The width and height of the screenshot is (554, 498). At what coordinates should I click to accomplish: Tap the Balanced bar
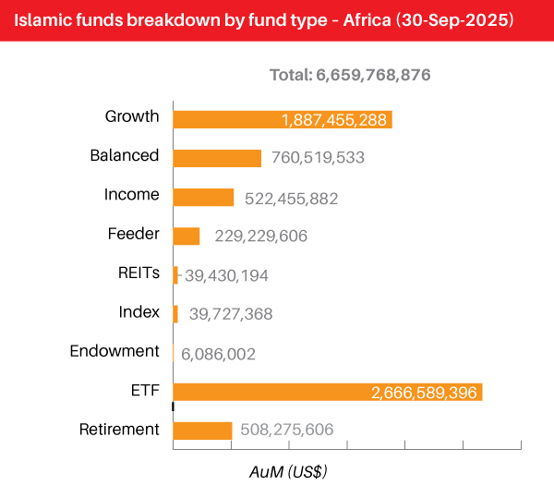click(x=217, y=158)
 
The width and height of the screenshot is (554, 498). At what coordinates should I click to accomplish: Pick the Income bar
click(x=203, y=197)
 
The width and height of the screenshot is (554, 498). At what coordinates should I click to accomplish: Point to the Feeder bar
click(x=187, y=236)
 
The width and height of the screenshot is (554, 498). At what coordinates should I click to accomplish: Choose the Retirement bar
click(x=202, y=431)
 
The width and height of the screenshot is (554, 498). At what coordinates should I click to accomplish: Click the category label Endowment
click(x=114, y=351)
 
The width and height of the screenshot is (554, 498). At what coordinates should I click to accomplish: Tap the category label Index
click(x=139, y=312)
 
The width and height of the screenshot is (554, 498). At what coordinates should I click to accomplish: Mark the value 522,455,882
click(x=292, y=198)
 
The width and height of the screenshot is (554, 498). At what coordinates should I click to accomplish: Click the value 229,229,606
click(x=260, y=237)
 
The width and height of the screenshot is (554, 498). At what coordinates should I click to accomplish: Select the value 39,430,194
click(x=226, y=275)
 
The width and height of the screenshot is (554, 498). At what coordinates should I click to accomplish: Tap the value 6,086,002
click(x=218, y=354)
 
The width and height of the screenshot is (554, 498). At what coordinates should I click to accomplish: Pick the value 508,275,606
click(x=286, y=430)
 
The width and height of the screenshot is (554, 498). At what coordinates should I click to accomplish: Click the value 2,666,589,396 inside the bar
click(x=424, y=394)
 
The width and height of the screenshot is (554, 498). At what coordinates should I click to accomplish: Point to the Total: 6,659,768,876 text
click(x=350, y=75)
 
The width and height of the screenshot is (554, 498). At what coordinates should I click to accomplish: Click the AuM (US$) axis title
click(x=288, y=471)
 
